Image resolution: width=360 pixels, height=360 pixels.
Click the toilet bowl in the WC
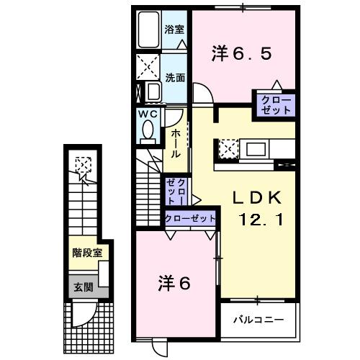pyautogui.click(x=148, y=130)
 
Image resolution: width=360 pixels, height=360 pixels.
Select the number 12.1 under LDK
pyautogui.click(x=255, y=217)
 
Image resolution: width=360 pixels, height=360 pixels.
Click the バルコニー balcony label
pyautogui.click(x=258, y=318)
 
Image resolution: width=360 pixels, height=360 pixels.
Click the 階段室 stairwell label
pyautogui.click(x=87, y=253)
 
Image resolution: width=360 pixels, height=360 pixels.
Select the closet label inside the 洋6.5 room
pyautogui.click(x=271, y=104)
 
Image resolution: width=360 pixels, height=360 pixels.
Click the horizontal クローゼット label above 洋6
pyautogui.click(x=191, y=218)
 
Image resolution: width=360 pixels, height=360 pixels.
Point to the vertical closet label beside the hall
pyautogui.click(x=176, y=193)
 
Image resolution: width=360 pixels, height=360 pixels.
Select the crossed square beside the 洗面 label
pyautogui.click(x=148, y=68)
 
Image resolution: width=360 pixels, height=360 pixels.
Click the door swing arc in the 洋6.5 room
pyautogui.click(x=202, y=94)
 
